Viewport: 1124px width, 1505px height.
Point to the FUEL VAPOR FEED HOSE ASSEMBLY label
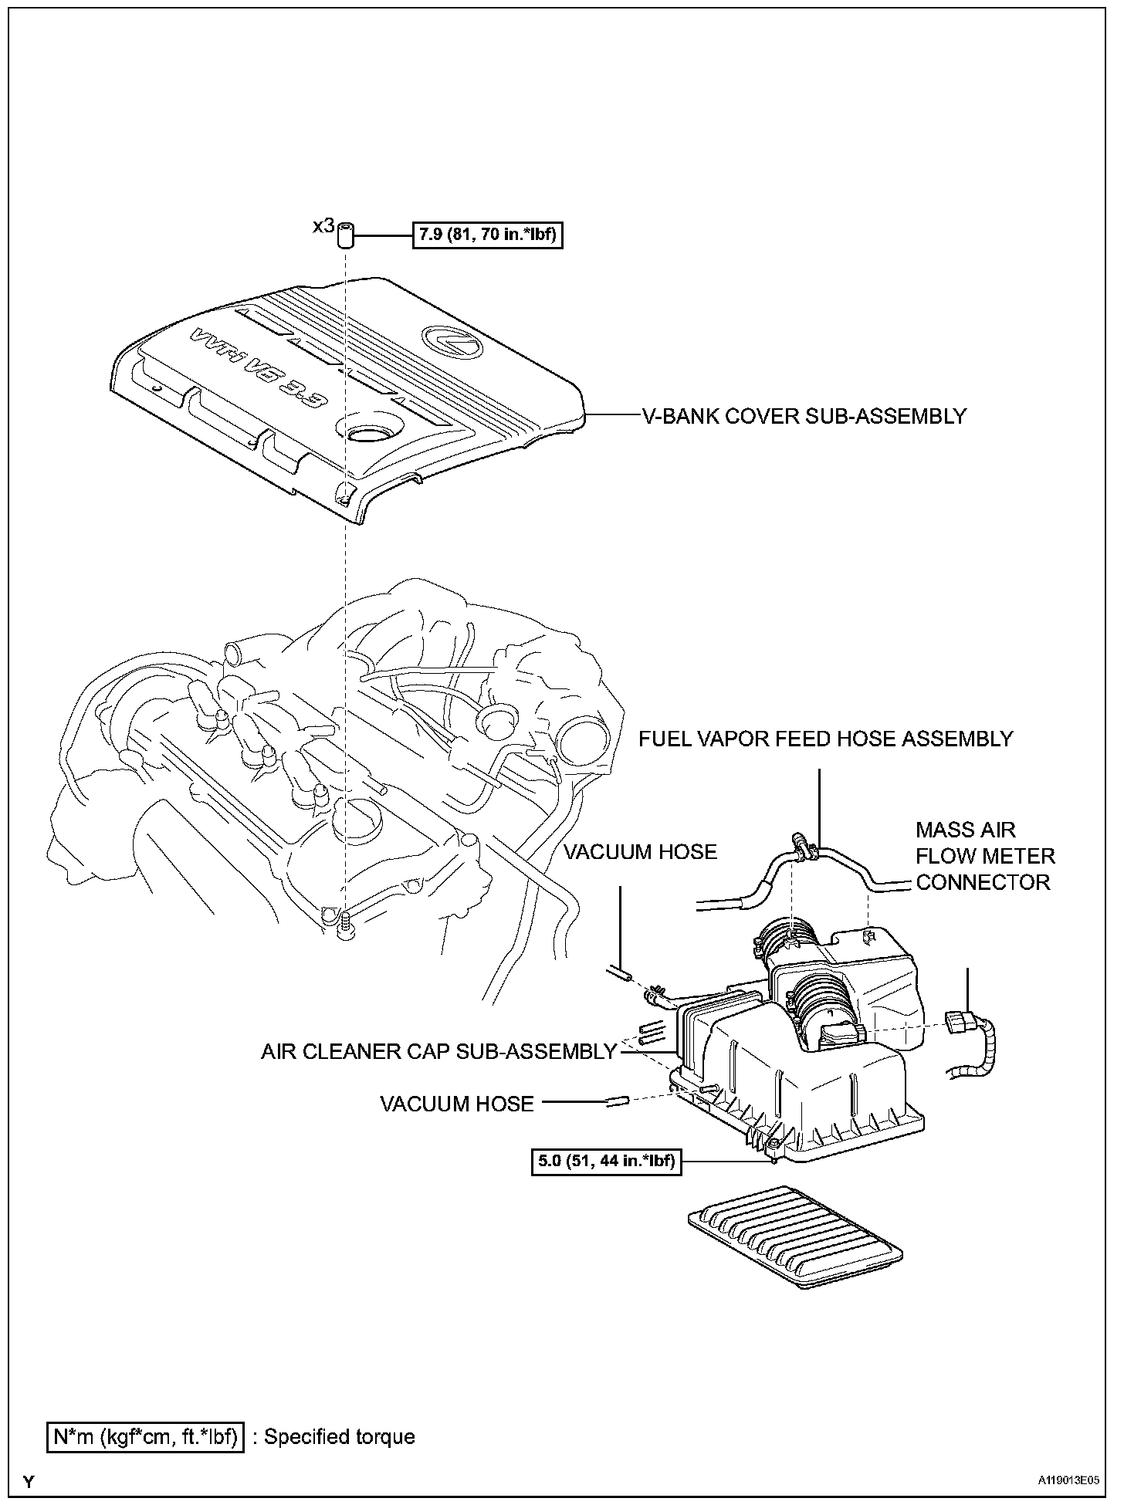coord(825,739)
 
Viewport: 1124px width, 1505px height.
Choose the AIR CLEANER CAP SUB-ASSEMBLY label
coord(438,1051)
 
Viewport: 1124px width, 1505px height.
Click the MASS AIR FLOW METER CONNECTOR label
coord(984,856)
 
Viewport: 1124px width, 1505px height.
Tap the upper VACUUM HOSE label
coord(640,851)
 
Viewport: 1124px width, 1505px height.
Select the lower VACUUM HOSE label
coord(457,1104)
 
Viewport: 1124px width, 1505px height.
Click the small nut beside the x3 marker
coord(346,235)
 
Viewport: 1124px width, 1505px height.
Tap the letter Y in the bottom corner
coord(29,1481)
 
